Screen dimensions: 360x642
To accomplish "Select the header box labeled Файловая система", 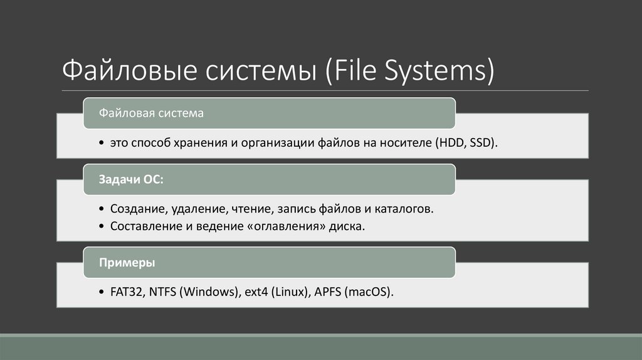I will pyautogui.click(x=270, y=114).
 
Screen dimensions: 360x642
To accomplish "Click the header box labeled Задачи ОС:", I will pyautogui.click(x=270, y=179).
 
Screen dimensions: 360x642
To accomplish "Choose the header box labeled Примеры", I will pyautogui.click(x=270, y=262).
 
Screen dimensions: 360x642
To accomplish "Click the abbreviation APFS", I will pyautogui.click(x=327, y=292).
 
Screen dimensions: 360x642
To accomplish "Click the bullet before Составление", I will pyautogui.click(x=102, y=225).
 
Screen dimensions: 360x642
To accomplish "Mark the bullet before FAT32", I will pyautogui.click(x=102, y=292).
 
